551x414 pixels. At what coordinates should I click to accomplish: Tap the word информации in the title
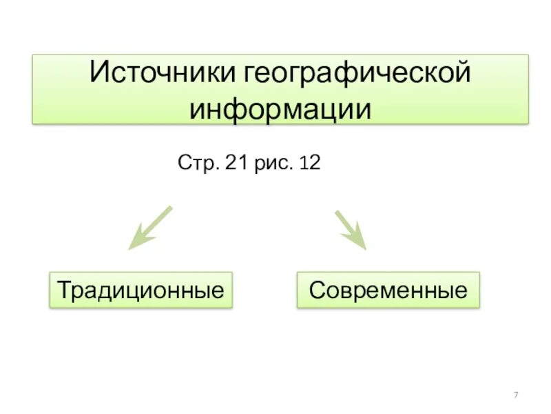pyautogui.click(x=280, y=108)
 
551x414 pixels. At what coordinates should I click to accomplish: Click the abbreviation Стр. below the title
pyautogui.click(x=197, y=165)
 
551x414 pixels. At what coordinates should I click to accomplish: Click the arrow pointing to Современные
pyautogui.click(x=351, y=229)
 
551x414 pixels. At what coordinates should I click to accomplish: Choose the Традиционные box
pyautogui.click(x=141, y=289)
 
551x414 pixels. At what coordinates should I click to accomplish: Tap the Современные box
pyautogui.click(x=388, y=289)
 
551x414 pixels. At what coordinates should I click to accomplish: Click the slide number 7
pyautogui.click(x=516, y=394)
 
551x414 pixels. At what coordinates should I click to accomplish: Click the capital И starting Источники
pyautogui.click(x=99, y=74)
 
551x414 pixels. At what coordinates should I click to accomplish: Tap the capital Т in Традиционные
pyautogui.click(x=63, y=289)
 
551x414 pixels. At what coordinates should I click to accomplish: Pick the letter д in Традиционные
pyautogui.click(x=102, y=290)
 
